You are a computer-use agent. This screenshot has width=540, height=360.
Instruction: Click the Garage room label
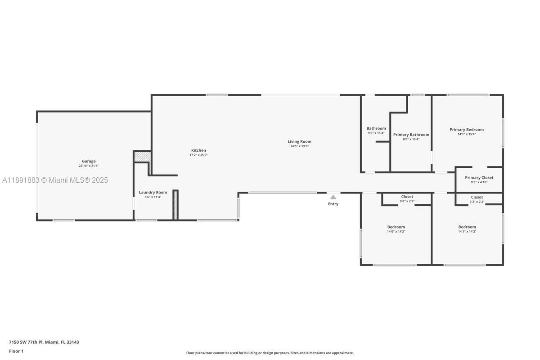(89, 161)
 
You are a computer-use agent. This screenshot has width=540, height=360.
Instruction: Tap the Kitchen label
(198, 150)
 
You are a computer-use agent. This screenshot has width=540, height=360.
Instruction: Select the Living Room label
(299, 142)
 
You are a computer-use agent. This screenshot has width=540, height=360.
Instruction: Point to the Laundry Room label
(153, 193)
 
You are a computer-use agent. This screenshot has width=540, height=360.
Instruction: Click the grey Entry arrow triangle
(333, 197)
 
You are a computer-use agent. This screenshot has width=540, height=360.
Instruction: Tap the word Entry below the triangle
(333, 204)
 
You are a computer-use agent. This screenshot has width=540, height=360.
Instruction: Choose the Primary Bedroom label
(467, 130)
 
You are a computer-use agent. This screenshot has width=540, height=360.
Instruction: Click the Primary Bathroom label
(411, 135)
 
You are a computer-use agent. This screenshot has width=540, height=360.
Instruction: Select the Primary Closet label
(479, 178)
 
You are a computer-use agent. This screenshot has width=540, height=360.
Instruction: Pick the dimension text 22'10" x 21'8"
(89, 166)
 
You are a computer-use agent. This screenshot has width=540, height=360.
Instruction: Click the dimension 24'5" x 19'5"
(299, 146)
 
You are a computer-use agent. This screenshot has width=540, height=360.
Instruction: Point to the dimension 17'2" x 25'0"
(198, 155)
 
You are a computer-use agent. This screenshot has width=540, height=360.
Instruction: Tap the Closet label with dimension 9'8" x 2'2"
(407, 197)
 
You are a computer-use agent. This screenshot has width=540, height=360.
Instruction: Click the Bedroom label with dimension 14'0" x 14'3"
(396, 227)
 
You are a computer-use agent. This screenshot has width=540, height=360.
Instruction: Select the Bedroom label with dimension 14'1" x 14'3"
(467, 227)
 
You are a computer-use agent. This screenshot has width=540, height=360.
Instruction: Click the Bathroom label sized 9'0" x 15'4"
(376, 129)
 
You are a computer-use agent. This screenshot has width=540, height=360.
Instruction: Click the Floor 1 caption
(16, 351)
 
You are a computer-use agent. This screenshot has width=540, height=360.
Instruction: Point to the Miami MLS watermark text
(55, 180)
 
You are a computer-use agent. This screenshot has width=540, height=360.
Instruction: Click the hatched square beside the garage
(142, 157)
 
